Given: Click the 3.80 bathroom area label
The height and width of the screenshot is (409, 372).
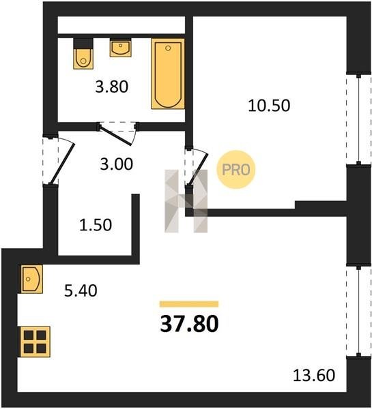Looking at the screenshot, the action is pos(111,87).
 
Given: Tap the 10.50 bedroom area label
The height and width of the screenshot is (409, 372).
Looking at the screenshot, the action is pos(269,106).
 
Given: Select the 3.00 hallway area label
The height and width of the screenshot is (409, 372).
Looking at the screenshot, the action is pos(117,164).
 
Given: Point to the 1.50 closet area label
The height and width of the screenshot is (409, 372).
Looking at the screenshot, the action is pos(96,225).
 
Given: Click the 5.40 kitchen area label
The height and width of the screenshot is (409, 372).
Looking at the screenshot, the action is pos(81,290).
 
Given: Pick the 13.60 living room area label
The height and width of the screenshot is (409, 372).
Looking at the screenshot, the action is pos(314,376).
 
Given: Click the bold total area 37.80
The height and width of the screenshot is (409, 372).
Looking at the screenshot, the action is pos(189,324).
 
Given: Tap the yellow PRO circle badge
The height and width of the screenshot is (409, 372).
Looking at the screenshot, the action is pos(236,170).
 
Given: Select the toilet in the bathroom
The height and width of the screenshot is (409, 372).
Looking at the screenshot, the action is pos(83,54).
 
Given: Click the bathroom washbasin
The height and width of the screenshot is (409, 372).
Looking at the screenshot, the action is pos(120,48).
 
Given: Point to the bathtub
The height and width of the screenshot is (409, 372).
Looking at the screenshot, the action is pos(168,74).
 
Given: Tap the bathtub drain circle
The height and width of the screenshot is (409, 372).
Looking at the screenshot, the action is pos(168,48).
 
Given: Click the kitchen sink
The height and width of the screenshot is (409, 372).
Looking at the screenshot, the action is pos(31,279).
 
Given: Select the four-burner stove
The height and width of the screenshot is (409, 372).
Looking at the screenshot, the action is pos(35,342).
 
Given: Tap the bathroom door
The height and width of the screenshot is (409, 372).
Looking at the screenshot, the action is pos(117,134).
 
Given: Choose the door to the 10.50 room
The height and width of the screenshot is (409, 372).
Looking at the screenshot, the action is pos(197,167).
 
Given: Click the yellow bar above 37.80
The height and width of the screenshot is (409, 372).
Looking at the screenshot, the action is pos(189,304).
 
